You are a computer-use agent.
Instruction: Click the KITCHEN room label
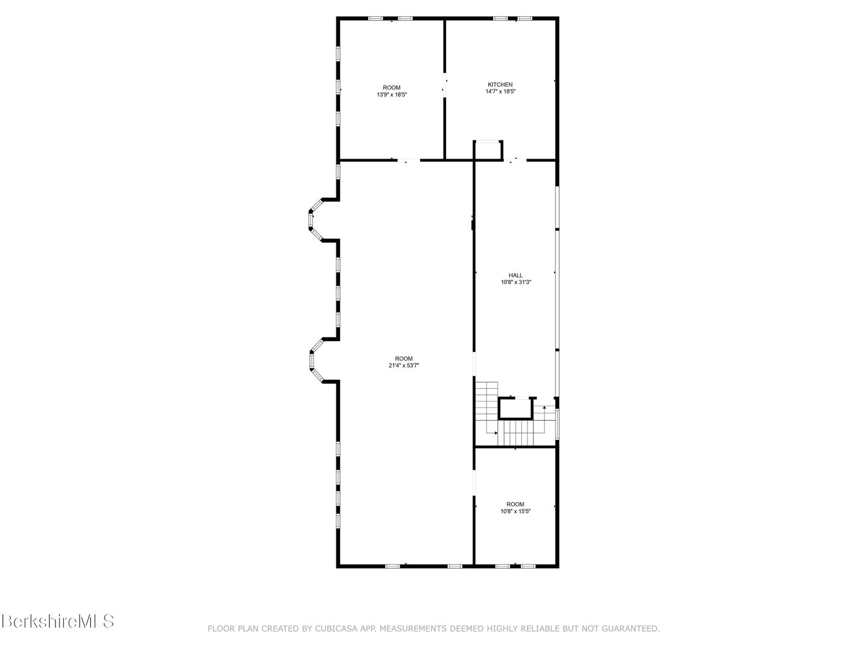pyautogui.click(x=500, y=84)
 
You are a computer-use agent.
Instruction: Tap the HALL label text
pyautogui.click(x=515, y=275)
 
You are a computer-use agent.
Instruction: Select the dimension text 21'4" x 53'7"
pyautogui.click(x=404, y=365)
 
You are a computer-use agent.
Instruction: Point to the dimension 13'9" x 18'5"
pyautogui.click(x=392, y=95)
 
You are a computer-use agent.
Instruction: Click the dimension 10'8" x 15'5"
pyautogui.click(x=515, y=511)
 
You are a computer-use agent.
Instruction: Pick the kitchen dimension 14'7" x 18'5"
pyautogui.click(x=500, y=92)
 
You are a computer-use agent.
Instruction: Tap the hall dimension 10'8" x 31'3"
pyautogui.click(x=515, y=282)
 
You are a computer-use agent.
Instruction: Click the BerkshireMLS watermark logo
pyautogui.click(x=57, y=621)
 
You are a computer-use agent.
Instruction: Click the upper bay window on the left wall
pyautogui.click(x=314, y=220)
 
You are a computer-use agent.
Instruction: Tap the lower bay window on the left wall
pyautogui.click(x=314, y=360)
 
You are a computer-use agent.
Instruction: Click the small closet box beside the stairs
pyautogui.click(x=515, y=409)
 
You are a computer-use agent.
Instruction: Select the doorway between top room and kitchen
pyautogui.click(x=445, y=85)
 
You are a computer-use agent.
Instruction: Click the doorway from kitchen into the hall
pyautogui.click(x=515, y=160)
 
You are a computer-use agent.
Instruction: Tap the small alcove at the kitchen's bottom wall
pyautogui.click(x=488, y=149)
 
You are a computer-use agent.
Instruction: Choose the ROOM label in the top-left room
pyautogui.click(x=392, y=87)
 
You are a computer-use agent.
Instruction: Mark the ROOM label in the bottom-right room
pyautogui.click(x=515, y=504)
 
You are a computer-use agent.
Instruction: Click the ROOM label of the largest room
pyautogui.click(x=404, y=359)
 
